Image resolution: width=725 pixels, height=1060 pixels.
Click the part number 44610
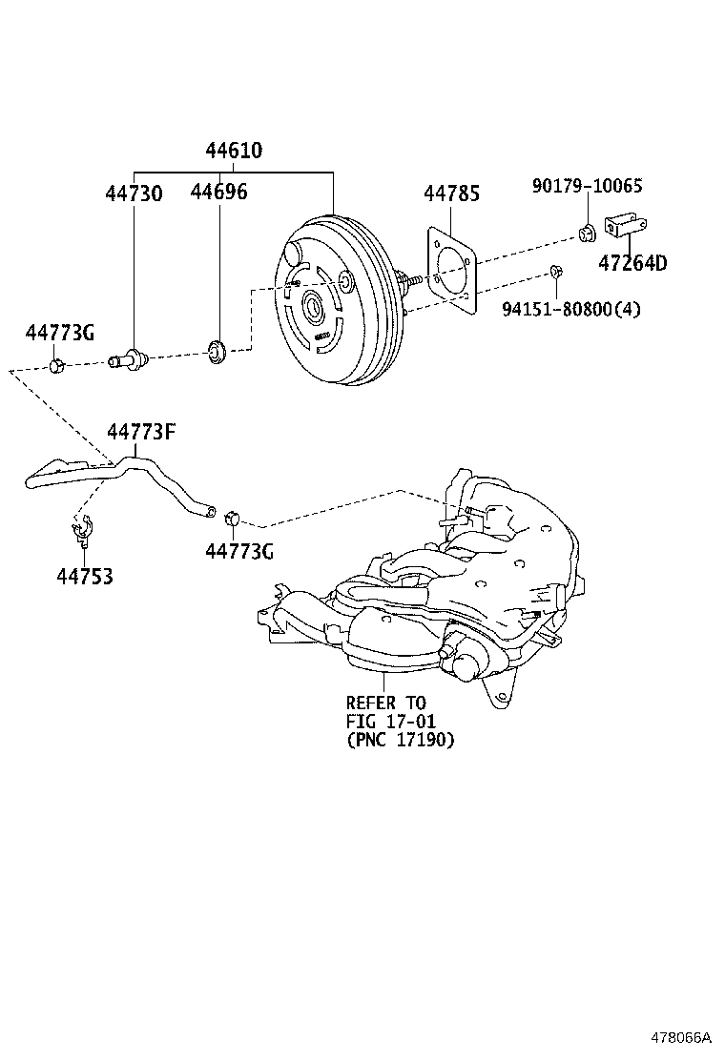click(x=234, y=151)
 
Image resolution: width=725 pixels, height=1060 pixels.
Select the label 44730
click(x=134, y=194)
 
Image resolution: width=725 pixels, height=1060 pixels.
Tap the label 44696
click(x=218, y=193)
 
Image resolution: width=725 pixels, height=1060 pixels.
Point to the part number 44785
click(x=451, y=194)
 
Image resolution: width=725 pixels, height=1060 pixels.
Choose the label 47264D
click(x=632, y=264)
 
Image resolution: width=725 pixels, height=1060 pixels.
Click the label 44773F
click(x=141, y=432)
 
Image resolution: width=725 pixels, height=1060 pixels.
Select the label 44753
click(x=84, y=577)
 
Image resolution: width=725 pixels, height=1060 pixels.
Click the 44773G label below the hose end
click(x=239, y=551)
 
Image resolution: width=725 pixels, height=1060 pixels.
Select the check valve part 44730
click(x=129, y=360)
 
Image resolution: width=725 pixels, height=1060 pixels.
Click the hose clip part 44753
click(x=82, y=529)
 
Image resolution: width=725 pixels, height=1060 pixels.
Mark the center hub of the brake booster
click(x=312, y=307)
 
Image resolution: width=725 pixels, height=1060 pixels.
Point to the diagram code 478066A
click(x=681, y=1036)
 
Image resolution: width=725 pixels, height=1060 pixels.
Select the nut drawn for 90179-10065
click(x=588, y=232)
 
